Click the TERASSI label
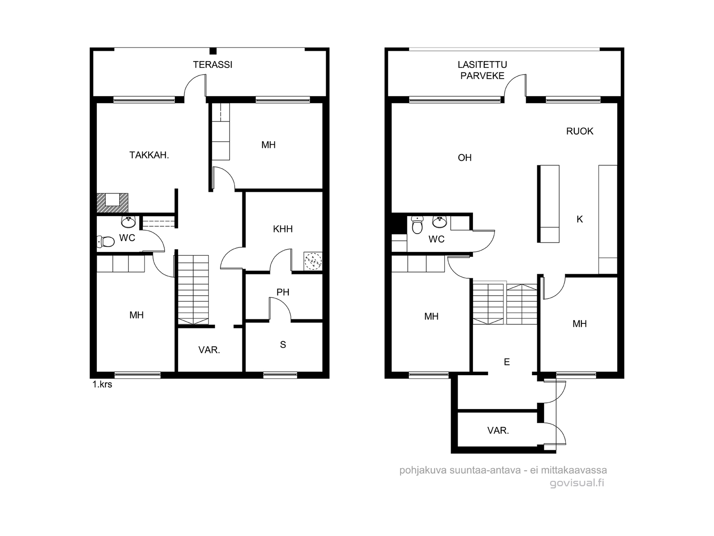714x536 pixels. pyautogui.click(x=212, y=65)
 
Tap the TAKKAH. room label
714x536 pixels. pyautogui.click(x=149, y=155)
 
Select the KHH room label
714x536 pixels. pyautogui.click(x=282, y=229)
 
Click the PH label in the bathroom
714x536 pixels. pyautogui.click(x=282, y=292)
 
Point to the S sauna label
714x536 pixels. pyautogui.click(x=282, y=345)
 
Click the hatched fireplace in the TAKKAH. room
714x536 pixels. pyautogui.click(x=112, y=203)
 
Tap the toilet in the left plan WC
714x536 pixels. pyautogui.click(x=106, y=242)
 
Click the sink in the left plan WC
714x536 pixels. pyautogui.click(x=129, y=222)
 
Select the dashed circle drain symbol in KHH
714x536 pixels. pyautogui.click(x=313, y=261)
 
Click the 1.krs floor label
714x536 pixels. pyautogui.click(x=102, y=384)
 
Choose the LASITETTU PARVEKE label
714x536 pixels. pyautogui.click(x=482, y=70)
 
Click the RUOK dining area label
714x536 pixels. pyautogui.click(x=580, y=131)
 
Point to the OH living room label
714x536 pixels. pyautogui.click(x=465, y=158)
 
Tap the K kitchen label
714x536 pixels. pyautogui.click(x=580, y=219)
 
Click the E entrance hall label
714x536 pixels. pyautogui.click(x=506, y=362)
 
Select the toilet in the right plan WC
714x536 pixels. pyautogui.click(x=417, y=225)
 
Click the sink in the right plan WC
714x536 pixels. pyautogui.click(x=440, y=222)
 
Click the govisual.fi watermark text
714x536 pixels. pyautogui.click(x=577, y=483)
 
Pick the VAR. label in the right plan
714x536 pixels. pyautogui.click(x=498, y=431)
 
